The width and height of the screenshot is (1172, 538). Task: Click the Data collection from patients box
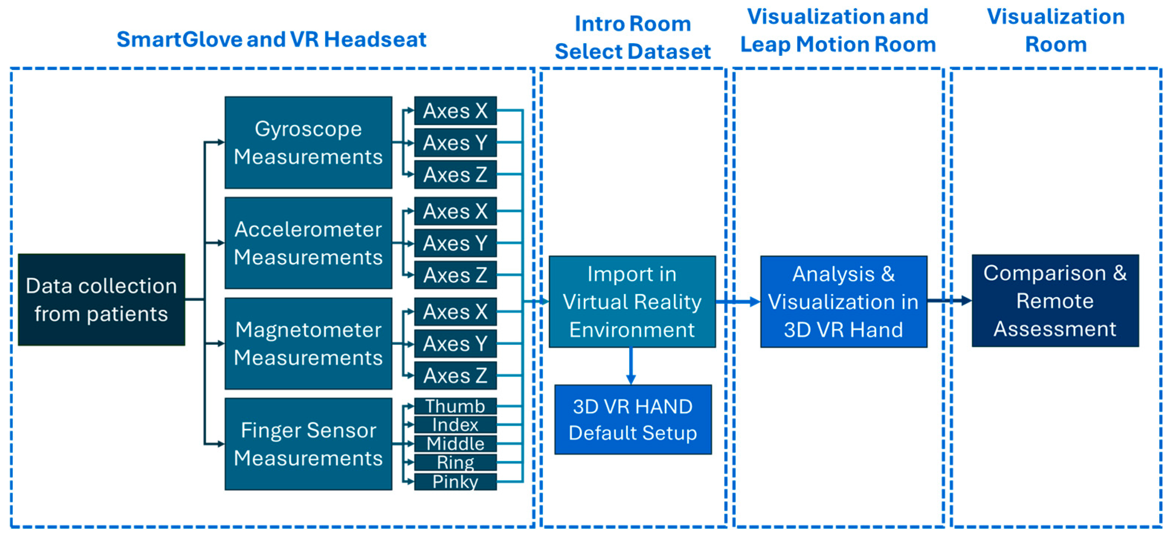point(101,300)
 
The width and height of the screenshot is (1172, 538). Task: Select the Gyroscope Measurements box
point(308,142)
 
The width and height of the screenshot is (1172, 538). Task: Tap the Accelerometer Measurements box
point(308,243)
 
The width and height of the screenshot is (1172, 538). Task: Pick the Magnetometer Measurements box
point(308,343)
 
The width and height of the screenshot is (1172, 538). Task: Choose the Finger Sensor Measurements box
point(308,444)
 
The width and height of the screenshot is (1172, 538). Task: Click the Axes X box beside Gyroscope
point(455,110)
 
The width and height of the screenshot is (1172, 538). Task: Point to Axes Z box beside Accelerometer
point(455,275)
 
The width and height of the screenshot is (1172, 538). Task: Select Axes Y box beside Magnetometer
point(455,344)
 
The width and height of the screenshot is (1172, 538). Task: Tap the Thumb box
point(455,406)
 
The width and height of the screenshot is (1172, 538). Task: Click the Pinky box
point(455,481)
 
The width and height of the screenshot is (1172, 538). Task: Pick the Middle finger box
point(455,443)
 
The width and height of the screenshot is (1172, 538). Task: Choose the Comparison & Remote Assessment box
point(1055,300)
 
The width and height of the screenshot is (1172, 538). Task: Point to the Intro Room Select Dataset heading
point(632,37)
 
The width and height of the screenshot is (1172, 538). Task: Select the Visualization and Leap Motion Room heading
point(837,30)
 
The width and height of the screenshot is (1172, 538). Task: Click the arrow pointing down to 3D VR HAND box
point(630,366)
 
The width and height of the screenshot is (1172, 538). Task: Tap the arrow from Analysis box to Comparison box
point(949,300)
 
